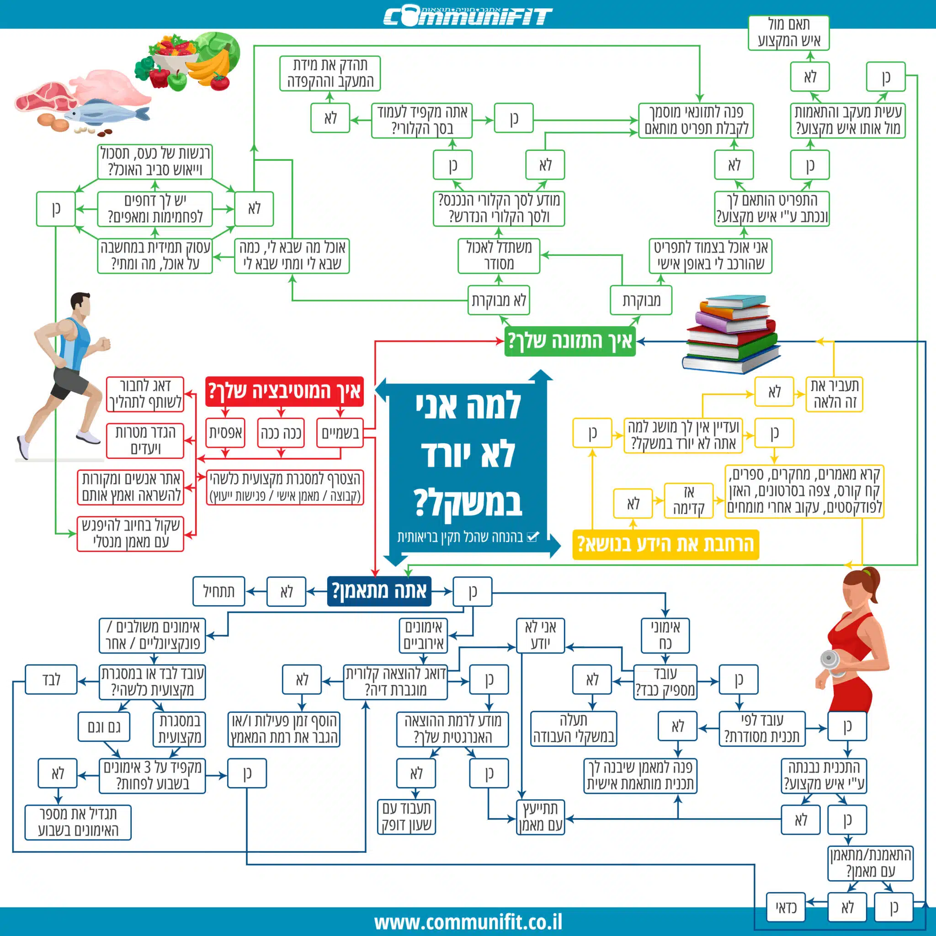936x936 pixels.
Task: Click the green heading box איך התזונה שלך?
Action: point(570,341)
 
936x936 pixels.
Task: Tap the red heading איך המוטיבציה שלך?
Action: point(284,391)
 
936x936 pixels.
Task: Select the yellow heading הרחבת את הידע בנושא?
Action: point(665,544)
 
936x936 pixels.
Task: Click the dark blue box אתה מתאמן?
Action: point(379,591)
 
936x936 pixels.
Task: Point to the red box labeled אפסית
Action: point(225,433)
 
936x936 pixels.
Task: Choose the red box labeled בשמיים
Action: point(340,433)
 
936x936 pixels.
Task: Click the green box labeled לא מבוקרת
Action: point(499,300)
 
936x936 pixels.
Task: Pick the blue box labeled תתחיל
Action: point(218,591)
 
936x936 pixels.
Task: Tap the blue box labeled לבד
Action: point(51,679)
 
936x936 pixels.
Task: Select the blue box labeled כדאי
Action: point(786,907)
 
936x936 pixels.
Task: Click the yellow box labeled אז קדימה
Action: point(688,500)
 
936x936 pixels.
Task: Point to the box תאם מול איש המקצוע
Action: point(788,32)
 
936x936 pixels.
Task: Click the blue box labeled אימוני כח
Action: point(665,635)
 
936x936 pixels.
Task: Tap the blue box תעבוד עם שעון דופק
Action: point(406,817)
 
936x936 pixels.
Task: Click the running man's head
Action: point(80,304)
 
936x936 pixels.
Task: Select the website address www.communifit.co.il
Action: point(468,921)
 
